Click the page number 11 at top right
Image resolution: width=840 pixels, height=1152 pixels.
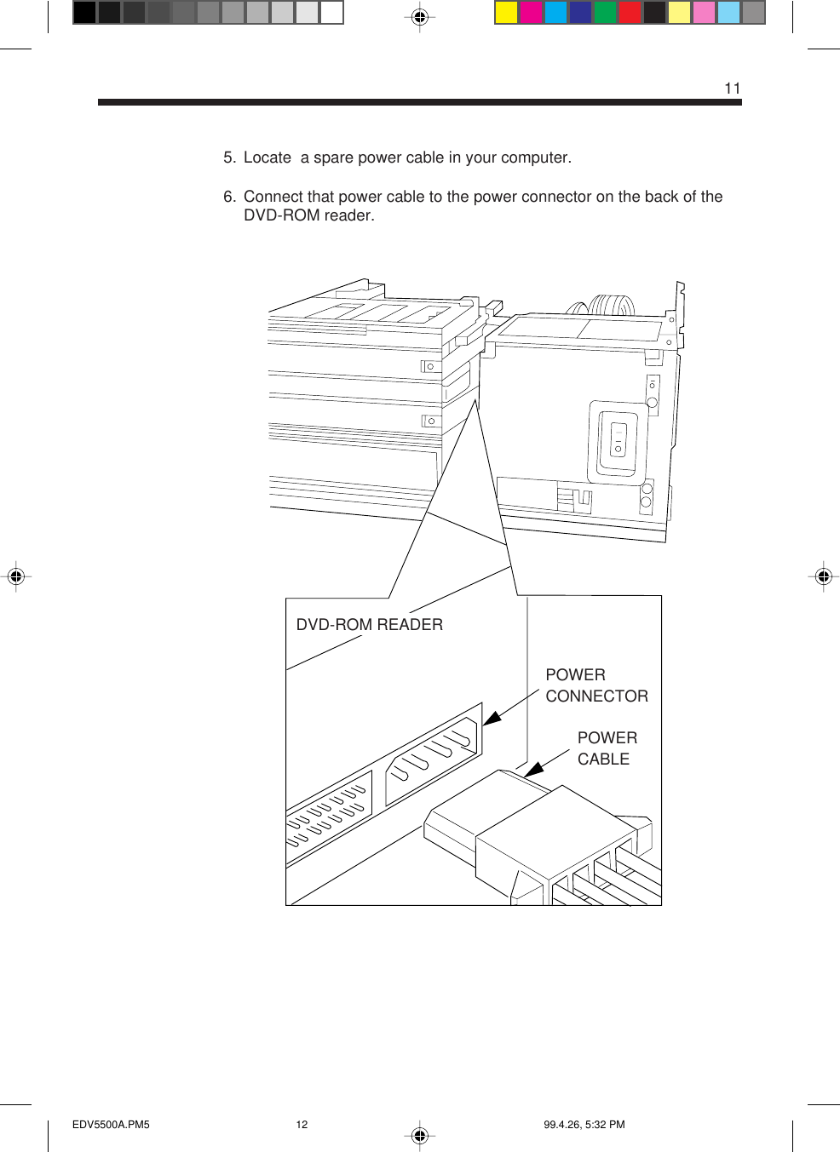[x=732, y=89]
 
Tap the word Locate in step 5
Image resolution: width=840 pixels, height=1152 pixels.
[x=267, y=158]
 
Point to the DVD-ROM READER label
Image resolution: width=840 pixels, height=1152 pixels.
[x=369, y=625]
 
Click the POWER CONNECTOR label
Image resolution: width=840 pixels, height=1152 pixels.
[x=595, y=685]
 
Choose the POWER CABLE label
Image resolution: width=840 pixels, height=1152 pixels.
[x=606, y=748]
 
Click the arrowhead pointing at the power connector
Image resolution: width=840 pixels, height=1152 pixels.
[x=492, y=718]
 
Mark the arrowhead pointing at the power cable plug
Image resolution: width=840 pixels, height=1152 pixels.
[x=533, y=770]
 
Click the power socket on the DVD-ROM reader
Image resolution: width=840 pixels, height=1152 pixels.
[x=433, y=754]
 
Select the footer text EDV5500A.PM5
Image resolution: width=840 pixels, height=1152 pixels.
[x=111, y=1125]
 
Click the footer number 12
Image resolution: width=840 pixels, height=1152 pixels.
[x=302, y=1125]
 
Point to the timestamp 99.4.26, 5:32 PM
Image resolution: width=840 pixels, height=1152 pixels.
[x=584, y=1125]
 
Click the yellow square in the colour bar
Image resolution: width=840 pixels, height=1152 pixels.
[x=506, y=13]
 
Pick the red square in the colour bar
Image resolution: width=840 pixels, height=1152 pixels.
[x=630, y=13]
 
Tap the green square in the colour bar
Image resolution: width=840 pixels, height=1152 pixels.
[x=605, y=13]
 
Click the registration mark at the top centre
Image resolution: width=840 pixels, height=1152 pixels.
[x=419, y=16]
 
